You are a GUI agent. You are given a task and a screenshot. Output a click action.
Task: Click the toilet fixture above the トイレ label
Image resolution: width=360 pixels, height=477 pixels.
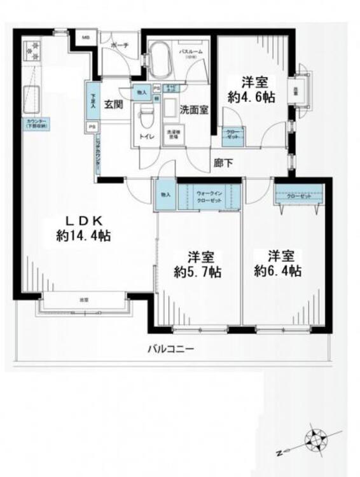pos(148,114)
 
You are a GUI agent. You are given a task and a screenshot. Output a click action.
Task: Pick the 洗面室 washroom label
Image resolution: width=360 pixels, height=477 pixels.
pos(193,109)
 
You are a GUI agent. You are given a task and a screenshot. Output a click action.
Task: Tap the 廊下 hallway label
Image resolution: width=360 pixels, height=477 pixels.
pos(223,163)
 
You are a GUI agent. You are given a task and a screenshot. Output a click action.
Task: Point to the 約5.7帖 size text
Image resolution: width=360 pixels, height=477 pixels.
pos(198,272)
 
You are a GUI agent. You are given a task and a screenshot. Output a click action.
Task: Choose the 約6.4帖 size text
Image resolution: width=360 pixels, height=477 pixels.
pos(278,272)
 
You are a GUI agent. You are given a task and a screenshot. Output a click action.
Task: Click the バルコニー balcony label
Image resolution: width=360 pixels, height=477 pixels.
pos(170,349)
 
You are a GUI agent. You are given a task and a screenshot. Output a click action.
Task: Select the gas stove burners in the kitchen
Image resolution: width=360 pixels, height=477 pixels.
pos(32,52)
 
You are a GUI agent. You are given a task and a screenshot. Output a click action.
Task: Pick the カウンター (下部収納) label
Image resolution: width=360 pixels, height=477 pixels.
pos(32,124)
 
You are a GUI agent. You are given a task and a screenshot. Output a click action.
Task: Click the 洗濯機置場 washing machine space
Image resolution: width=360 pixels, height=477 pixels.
pos(172,134)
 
